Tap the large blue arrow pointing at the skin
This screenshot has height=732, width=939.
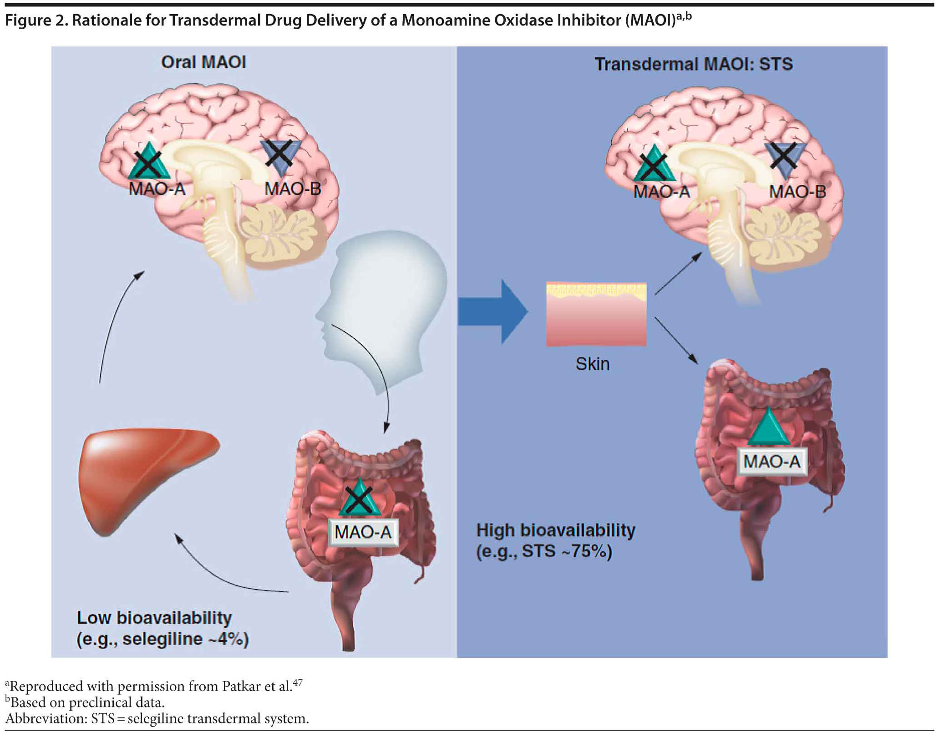492,311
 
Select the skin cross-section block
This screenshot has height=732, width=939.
596,314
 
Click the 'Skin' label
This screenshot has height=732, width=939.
592,364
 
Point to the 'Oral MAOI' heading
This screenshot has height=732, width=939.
203,62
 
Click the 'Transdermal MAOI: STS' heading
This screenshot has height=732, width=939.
693,64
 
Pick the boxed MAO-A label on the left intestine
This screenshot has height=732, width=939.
363,532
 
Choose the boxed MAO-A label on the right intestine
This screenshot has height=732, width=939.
772,462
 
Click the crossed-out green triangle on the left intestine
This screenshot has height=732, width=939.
360,499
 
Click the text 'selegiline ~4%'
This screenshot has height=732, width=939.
185,639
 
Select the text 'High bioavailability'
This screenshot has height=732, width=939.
556,530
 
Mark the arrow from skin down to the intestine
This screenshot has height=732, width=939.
676,341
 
